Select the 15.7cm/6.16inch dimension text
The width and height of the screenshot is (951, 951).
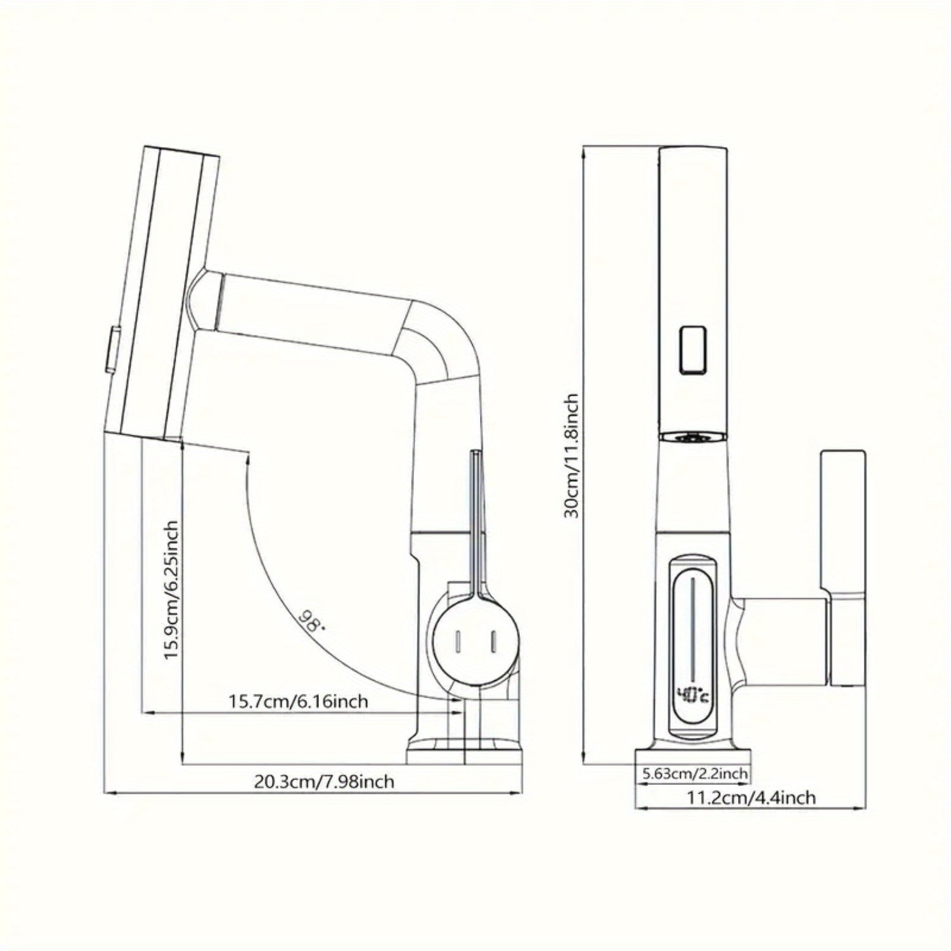pos(298,701)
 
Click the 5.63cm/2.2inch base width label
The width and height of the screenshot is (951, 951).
pos(695,774)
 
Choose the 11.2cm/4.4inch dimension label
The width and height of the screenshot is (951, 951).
pos(751,797)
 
